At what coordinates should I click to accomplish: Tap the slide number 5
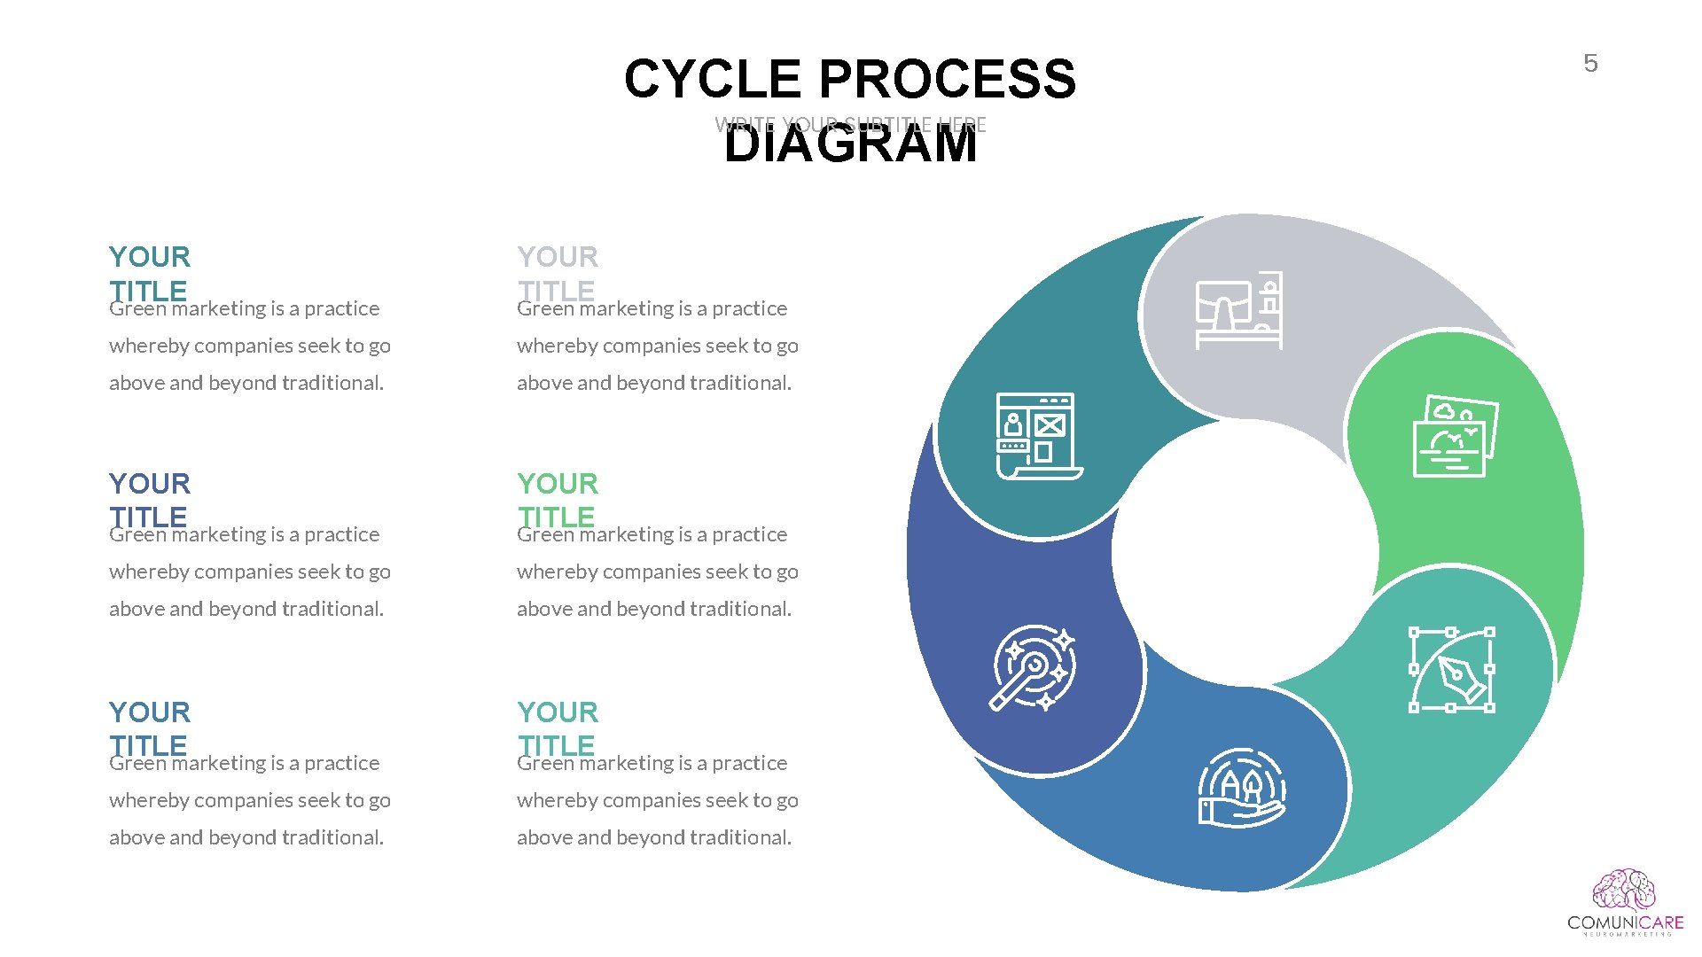point(1590,64)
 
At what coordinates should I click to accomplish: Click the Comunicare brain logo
point(1623,891)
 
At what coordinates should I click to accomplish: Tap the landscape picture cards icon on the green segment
point(1455,437)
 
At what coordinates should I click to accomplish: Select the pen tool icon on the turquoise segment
point(1451,670)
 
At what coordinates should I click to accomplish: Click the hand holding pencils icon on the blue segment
point(1241,788)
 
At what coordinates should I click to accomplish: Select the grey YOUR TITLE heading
point(558,273)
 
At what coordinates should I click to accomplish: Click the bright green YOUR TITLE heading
point(558,500)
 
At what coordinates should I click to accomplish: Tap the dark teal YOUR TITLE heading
point(149,273)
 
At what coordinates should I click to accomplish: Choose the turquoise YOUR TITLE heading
point(558,728)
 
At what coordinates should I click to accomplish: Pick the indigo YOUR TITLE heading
point(149,500)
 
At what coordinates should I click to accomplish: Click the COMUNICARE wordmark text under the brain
point(1625,922)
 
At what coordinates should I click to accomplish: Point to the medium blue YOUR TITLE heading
point(149,728)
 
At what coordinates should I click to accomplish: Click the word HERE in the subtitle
point(963,125)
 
